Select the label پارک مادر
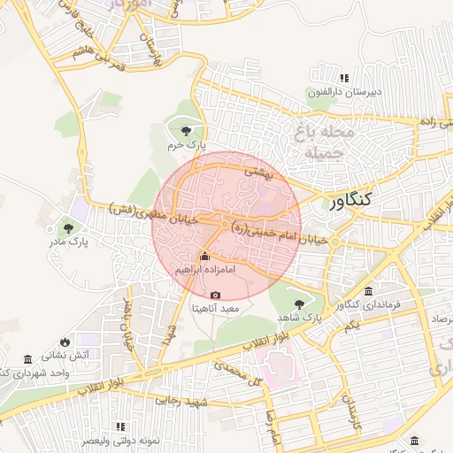tap(68, 241)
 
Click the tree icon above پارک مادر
tap(68, 226)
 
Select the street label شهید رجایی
tap(180, 402)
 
